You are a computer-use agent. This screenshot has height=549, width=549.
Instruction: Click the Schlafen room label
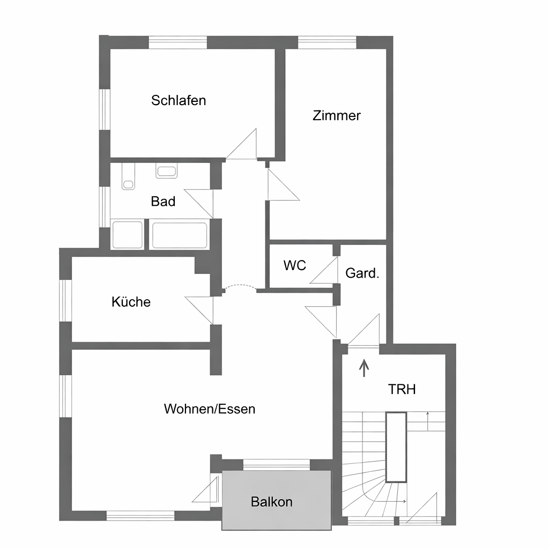(x=179, y=100)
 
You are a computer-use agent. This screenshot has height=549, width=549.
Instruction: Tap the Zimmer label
(x=337, y=116)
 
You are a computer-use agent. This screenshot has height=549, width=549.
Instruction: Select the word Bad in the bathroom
(x=163, y=202)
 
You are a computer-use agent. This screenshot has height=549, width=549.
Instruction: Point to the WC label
(x=295, y=265)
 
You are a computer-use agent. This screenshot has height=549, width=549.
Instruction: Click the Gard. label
(x=362, y=273)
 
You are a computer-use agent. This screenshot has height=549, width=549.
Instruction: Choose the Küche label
(x=131, y=301)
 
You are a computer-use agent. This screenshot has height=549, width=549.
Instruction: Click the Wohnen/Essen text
(x=210, y=409)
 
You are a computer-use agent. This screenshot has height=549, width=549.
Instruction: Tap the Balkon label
(x=272, y=502)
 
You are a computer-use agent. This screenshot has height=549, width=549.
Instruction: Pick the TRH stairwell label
(x=402, y=389)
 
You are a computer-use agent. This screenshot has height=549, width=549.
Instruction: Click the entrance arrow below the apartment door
(x=364, y=368)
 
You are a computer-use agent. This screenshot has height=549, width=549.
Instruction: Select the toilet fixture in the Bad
(x=128, y=177)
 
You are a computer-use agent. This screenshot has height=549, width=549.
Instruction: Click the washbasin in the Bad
(x=167, y=171)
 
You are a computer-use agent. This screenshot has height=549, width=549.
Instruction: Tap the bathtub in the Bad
(x=180, y=235)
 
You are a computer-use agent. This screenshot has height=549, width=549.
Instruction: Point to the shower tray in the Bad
(x=128, y=235)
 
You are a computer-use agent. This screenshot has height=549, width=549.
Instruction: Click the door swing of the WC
(x=324, y=270)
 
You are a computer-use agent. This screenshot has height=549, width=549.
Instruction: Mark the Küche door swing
(x=199, y=310)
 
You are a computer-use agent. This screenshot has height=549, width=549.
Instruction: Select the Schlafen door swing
(x=242, y=144)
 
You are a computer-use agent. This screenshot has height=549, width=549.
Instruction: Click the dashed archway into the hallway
(x=240, y=286)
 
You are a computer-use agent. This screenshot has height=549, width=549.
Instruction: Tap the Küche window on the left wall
(x=65, y=300)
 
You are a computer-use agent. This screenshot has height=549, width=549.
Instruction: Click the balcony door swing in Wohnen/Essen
(x=205, y=489)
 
